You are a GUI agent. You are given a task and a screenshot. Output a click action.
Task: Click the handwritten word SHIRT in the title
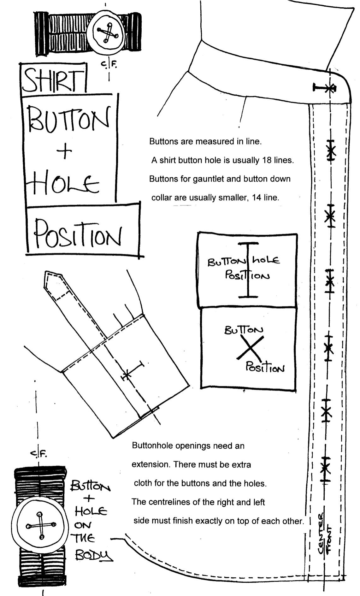[53, 80]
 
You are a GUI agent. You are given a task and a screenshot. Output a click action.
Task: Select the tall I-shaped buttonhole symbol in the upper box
[248, 270]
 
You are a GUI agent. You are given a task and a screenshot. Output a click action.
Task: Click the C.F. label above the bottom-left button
[39, 454]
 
